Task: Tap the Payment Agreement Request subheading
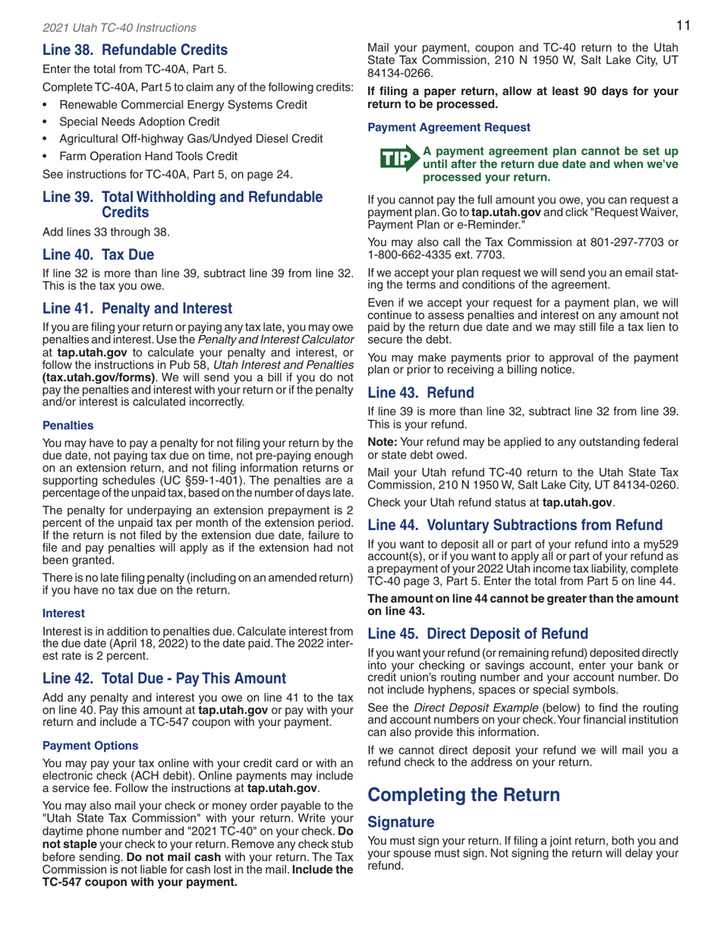pyautogui.click(x=430, y=129)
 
